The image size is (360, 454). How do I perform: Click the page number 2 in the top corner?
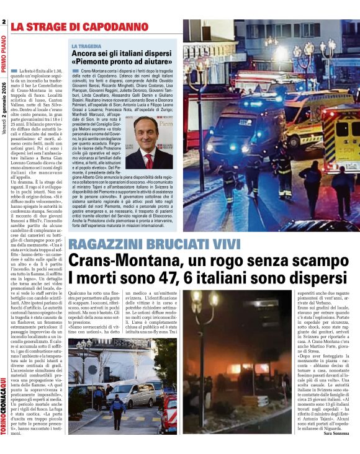coord(4,23)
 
